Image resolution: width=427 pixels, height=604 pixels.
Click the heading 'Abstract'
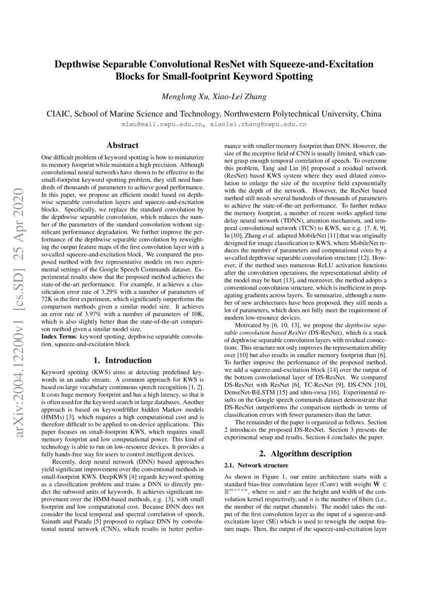(x=122, y=146)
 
